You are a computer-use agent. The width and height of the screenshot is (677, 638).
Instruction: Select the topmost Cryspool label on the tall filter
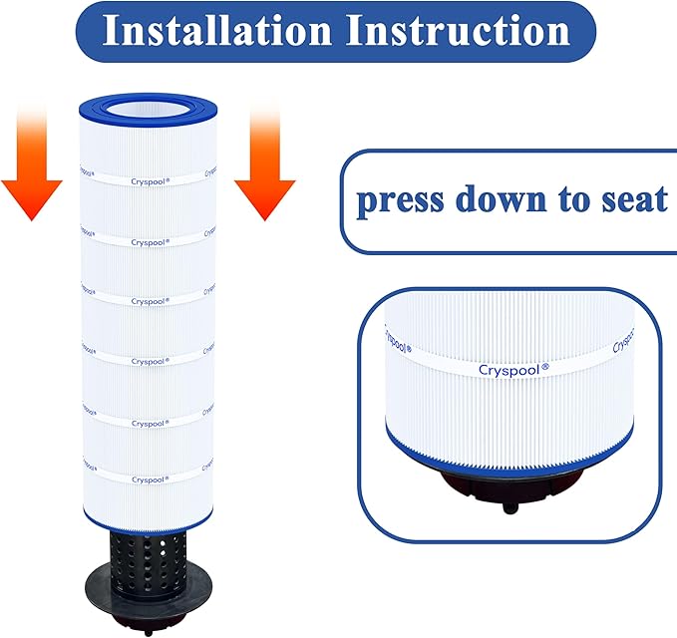tap(151, 181)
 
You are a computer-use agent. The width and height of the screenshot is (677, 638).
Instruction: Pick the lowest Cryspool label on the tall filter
tap(151, 478)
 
